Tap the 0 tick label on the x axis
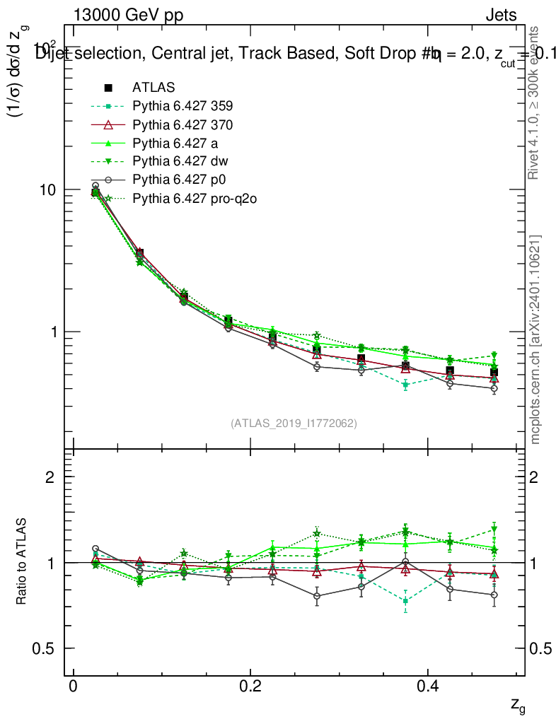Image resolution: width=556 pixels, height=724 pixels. click(x=73, y=687)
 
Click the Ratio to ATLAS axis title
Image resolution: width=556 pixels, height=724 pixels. click(x=23, y=562)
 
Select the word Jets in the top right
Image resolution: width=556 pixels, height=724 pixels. click(x=500, y=16)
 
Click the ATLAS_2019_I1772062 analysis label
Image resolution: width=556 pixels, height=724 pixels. click(x=294, y=424)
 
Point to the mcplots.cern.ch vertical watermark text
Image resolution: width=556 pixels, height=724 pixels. click(x=535, y=339)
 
